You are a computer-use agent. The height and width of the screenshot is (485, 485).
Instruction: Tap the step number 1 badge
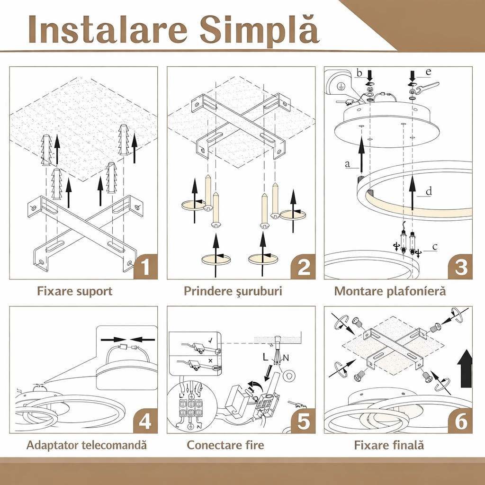[146, 266]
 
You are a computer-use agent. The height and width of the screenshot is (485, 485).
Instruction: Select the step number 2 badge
[303, 266]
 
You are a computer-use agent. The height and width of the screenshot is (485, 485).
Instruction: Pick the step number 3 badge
[460, 266]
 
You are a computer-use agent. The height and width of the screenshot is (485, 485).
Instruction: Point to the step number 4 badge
[146, 421]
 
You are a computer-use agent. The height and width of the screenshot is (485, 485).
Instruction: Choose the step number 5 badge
[303, 421]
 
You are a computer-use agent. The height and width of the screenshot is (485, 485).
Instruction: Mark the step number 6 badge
[460, 421]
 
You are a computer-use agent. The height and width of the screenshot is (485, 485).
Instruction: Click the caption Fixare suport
[74, 291]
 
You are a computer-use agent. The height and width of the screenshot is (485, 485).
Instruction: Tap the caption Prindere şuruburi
[233, 291]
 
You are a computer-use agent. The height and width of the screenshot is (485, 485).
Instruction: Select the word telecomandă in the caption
[114, 445]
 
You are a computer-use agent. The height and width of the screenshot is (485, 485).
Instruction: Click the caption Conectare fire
[225, 445]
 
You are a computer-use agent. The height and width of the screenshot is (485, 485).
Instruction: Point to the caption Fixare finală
[389, 445]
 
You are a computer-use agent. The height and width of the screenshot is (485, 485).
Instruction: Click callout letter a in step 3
[347, 164]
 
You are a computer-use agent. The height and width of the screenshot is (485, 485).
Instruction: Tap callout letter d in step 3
[429, 191]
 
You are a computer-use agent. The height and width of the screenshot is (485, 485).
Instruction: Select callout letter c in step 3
[435, 246]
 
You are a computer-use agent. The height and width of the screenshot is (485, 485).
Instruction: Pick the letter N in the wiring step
[286, 358]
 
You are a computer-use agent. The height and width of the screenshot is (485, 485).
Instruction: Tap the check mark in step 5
[211, 341]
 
